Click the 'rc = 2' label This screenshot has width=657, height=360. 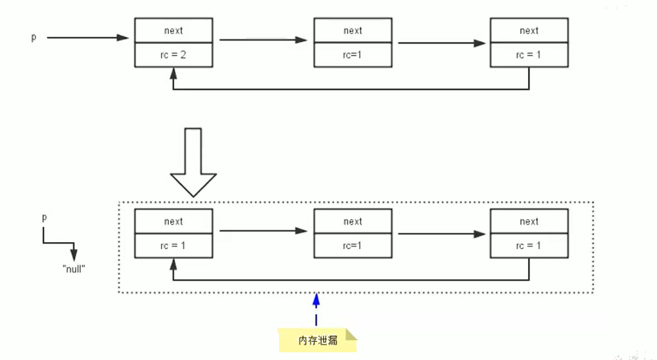[173, 55]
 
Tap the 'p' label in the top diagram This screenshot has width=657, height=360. [33, 37]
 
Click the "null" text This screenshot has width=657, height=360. [74, 269]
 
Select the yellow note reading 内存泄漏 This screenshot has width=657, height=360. [317, 340]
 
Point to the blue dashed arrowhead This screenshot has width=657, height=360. [317, 299]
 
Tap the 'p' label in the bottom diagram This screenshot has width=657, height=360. [45, 218]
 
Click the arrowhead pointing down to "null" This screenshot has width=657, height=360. [74, 255]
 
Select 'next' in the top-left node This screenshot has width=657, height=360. [174, 31]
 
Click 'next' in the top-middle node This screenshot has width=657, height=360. [353, 31]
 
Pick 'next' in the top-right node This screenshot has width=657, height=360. [529, 31]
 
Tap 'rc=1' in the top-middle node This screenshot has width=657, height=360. [352, 55]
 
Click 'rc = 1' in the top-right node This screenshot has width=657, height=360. [529, 55]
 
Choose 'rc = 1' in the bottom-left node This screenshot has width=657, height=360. [173, 246]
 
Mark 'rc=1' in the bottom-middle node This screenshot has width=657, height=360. [352, 246]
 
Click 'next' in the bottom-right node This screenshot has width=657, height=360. [529, 221]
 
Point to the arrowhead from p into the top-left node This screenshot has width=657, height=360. [123, 38]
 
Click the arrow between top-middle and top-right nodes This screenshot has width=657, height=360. [441, 43]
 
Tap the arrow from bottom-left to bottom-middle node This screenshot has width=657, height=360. [264, 230]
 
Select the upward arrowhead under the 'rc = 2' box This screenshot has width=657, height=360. [174, 74]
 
